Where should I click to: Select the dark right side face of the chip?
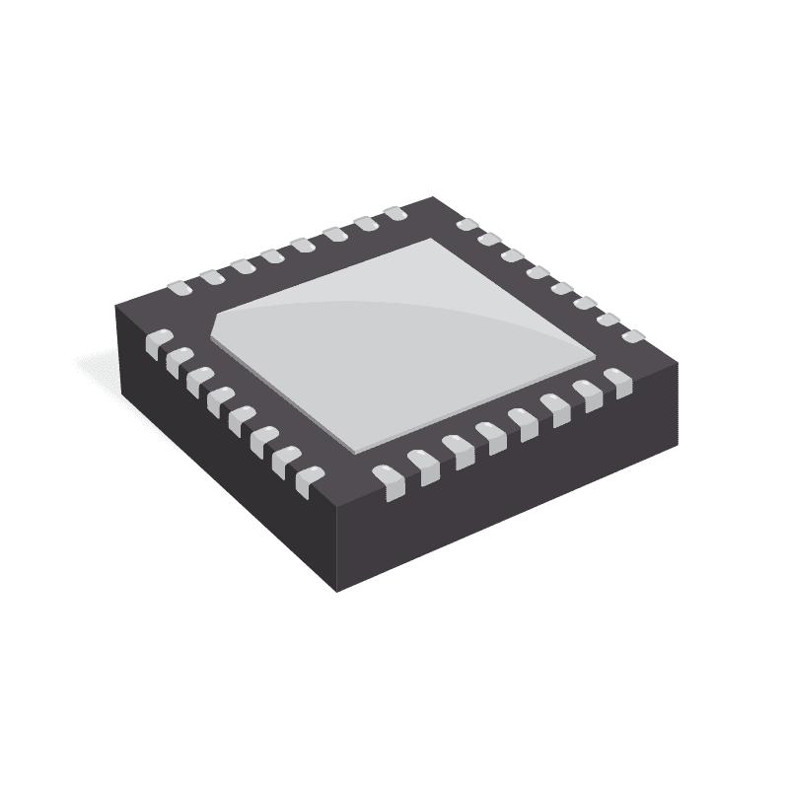tap(513, 473)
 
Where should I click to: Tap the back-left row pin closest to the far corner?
tap(395, 213)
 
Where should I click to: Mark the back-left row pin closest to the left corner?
tap(179, 288)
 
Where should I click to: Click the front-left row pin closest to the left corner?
tap(156, 342)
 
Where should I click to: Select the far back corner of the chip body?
tap(431, 197)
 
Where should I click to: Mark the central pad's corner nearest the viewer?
tap(348, 441)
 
